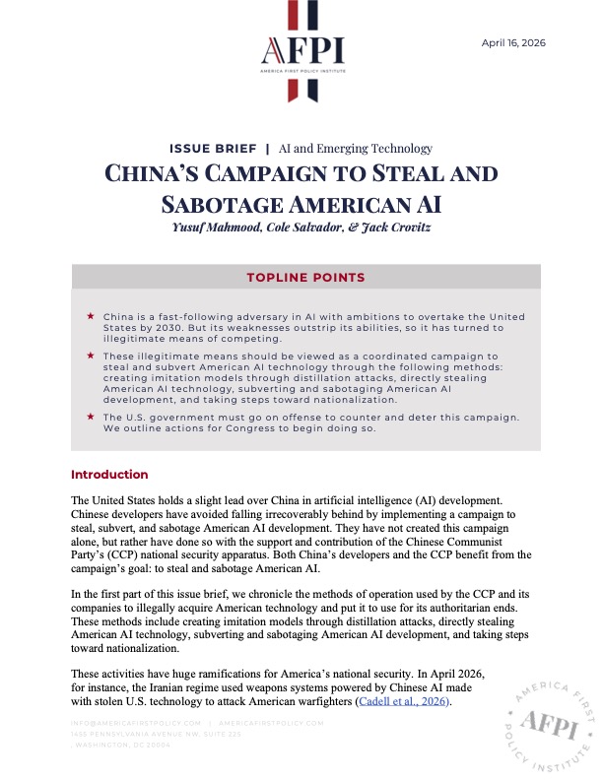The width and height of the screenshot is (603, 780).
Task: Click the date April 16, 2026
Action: point(512,42)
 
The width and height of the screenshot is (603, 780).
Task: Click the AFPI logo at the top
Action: point(301,51)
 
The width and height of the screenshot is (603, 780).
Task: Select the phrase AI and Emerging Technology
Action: point(357,149)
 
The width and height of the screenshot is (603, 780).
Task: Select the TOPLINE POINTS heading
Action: point(305,277)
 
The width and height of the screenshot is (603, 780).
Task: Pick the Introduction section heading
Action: point(109,475)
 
